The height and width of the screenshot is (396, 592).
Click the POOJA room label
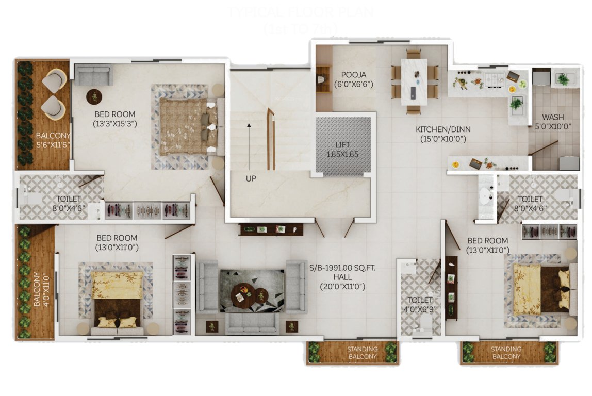(x=353, y=79)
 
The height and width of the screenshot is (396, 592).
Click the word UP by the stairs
(x=251, y=178)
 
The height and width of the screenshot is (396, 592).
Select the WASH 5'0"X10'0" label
(x=553, y=122)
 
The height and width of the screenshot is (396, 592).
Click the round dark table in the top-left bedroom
(x=94, y=96)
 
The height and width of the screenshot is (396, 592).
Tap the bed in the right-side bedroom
(x=541, y=289)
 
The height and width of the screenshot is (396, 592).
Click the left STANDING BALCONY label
(x=362, y=353)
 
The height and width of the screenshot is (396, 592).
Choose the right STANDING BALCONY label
(x=505, y=353)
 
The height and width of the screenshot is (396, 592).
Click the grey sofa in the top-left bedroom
(x=93, y=76)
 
